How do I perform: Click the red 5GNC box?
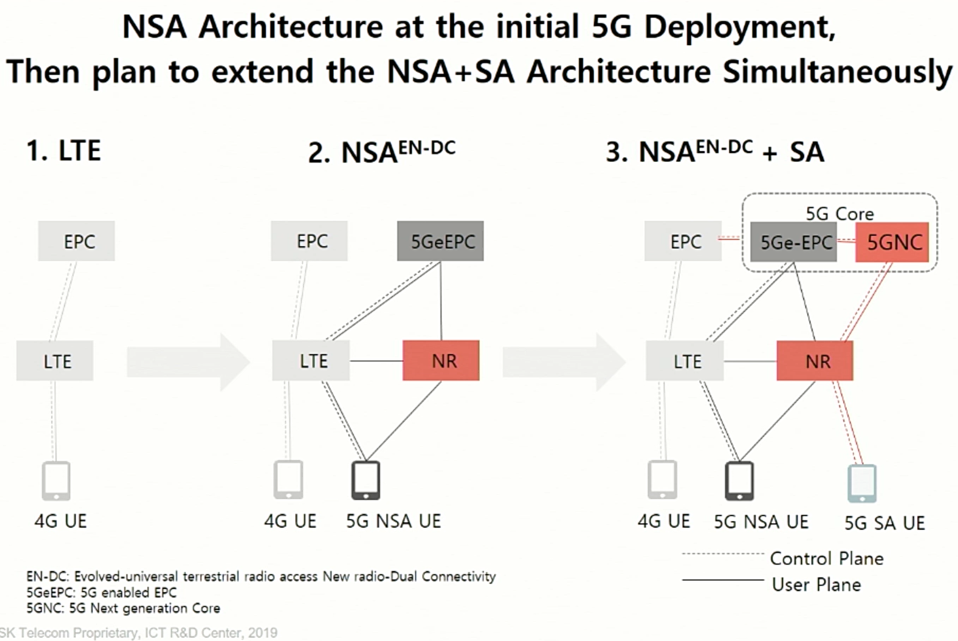892,242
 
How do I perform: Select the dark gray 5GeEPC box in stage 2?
440,241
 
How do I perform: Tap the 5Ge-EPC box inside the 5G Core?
793,242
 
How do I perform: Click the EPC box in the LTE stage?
76,241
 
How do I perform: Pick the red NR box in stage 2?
441,361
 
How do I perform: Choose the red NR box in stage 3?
815,361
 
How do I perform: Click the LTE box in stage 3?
685,361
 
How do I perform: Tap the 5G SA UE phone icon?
862,483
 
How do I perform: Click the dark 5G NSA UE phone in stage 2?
366,480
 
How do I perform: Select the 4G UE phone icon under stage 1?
56,481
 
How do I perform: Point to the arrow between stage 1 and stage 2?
188,362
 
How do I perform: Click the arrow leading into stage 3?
564,362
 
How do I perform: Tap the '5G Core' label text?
839,214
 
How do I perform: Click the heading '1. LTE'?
63,150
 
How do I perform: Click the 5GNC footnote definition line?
124,608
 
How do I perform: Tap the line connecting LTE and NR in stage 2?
376,361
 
